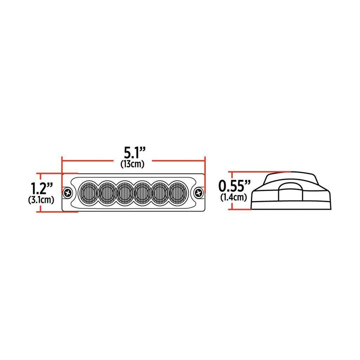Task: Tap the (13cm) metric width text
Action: point(132,164)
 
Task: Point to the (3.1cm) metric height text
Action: point(43,199)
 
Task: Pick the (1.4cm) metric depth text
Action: point(234,197)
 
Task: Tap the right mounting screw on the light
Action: point(198,193)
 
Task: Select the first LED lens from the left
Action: point(88,193)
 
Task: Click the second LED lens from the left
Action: point(106,193)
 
